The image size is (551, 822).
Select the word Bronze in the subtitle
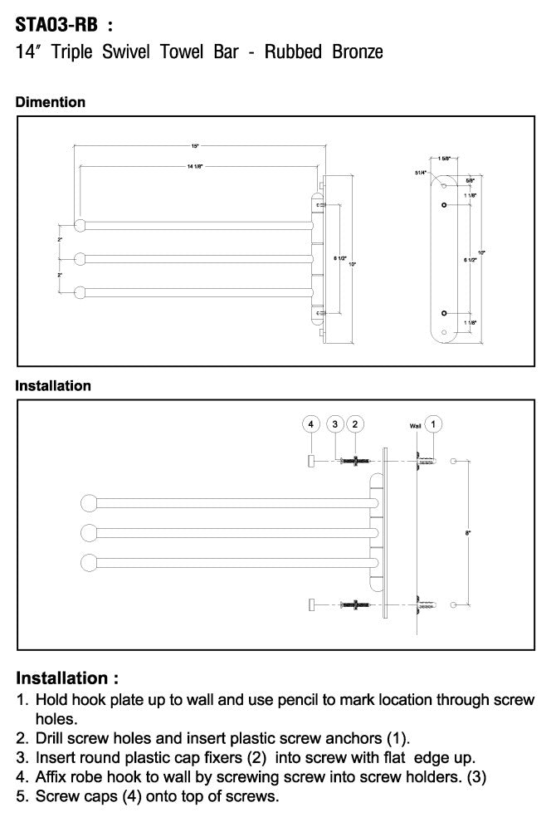pos(356,52)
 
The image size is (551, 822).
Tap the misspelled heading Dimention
pos(51,102)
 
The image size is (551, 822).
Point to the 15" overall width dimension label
pos(195,146)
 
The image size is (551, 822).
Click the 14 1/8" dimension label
pos(195,166)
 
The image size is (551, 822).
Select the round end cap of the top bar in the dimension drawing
pos(80,224)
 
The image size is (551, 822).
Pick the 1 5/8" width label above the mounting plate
pos(445,158)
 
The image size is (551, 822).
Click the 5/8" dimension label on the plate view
pos(471,180)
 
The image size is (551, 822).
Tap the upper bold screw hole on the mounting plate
pos(445,204)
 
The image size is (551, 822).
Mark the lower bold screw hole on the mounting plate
pos(445,313)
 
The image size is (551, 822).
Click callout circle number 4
pos(310,424)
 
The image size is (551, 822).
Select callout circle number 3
pos(334,424)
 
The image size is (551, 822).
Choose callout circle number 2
pos(355,424)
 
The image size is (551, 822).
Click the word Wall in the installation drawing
pos(415,425)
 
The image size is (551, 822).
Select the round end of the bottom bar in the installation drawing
pos(90,562)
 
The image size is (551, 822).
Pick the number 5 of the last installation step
pos(22,797)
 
